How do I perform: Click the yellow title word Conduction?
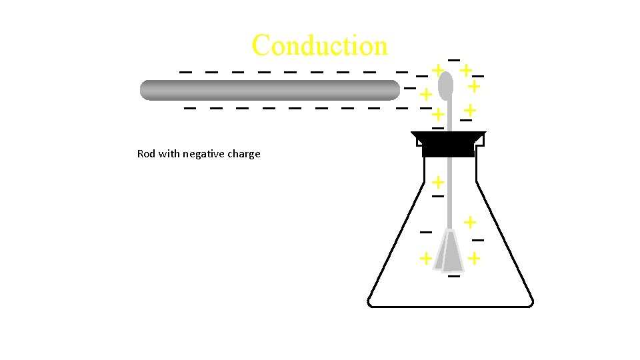click(x=319, y=45)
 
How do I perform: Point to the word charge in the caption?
click(x=245, y=154)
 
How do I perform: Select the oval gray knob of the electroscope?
click(x=445, y=85)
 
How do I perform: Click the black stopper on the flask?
click(x=448, y=144)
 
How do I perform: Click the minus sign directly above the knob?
click(x=453, y=61)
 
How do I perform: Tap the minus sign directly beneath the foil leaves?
click(x=454, y=275)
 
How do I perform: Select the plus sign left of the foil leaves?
click(x=425, y=258)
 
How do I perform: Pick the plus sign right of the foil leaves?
click(x=473, y=257)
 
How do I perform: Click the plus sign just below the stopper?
click(x=438, y=181)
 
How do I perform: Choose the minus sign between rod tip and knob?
click(x=409, y=88)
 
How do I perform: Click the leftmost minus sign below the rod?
click(x=190, y=107)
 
